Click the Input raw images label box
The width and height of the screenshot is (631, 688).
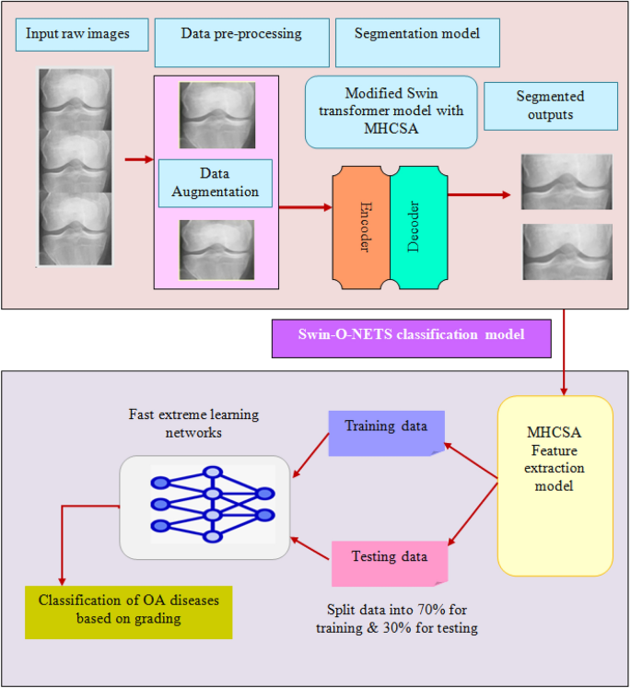(78, 34)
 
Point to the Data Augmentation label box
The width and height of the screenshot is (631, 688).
(215, 182)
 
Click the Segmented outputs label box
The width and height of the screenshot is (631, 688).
(550, 105)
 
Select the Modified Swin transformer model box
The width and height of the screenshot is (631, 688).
(391, 111)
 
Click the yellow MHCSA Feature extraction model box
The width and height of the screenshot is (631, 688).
(555, 484)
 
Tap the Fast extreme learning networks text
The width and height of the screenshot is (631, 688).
(194, 425)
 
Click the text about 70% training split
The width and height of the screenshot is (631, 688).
(403, 619)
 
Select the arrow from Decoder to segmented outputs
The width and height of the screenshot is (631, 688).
(479, 195)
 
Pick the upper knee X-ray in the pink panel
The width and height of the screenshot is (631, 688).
(216, 116)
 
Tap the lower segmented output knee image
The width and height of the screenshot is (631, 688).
(567, 251)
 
